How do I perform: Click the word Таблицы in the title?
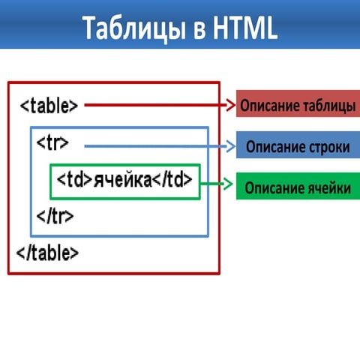click(132, 28)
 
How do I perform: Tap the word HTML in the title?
click(241, 28)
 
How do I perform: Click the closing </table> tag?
click(47, 253)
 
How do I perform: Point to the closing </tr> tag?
click(55, 217)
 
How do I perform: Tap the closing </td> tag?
click(173, 180)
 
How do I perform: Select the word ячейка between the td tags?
click(123, 180)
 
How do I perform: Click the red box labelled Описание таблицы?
click(298, 106)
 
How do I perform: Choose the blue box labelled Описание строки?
click(298, 147)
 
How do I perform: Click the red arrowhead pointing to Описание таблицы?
click(230, 106)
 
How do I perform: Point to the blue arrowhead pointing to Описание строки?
click(230, 147)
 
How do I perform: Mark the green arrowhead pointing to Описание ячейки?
click(229, 183)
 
